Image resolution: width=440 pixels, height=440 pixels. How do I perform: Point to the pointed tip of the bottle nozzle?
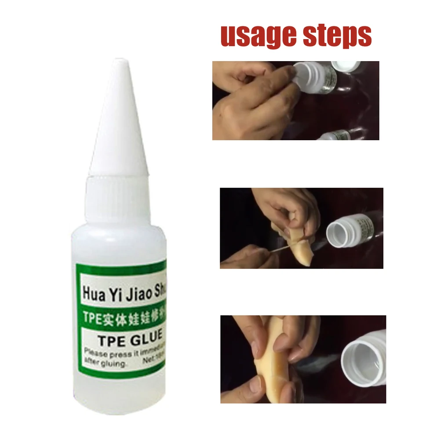point(121,62)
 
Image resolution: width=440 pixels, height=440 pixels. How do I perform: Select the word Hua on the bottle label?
point(93,293)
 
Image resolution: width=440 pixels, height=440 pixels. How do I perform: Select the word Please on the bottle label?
point(95,352)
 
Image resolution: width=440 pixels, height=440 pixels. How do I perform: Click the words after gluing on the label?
point(105,363)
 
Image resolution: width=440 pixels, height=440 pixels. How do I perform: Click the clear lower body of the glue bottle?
point(119,396)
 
